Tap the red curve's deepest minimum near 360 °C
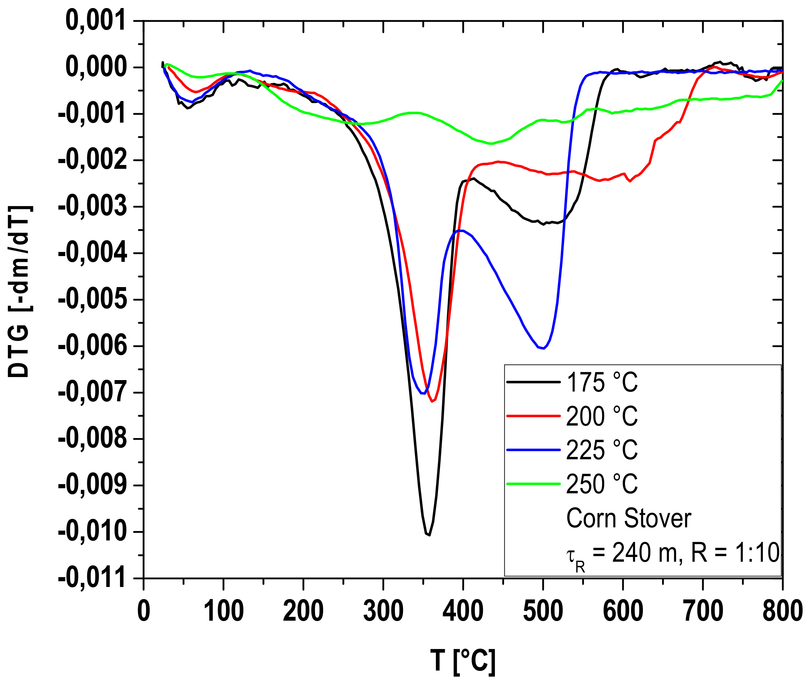pos(432,401)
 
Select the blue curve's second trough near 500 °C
pos(543,348)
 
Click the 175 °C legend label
pos(602,382)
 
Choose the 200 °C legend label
pos(602,416)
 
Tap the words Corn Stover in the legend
pos(628,518)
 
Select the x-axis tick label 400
pos(463,611)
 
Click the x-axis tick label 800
pos(782,611)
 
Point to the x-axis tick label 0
pos(144,611)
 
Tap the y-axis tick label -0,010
pos(92,532)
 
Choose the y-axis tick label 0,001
pos(96,21)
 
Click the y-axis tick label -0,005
pos(92,299)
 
